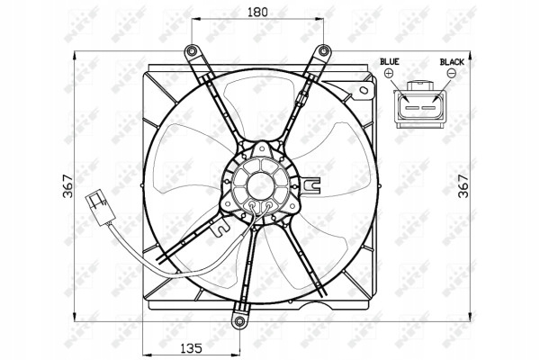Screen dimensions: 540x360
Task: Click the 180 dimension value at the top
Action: (257, 12)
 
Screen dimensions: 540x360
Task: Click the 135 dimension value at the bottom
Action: (192, 348)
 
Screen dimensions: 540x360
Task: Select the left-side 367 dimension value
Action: (68, 186)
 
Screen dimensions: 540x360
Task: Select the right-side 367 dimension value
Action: (463, 186)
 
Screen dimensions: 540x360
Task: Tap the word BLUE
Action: (390, 62)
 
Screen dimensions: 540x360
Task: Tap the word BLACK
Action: (452, 62)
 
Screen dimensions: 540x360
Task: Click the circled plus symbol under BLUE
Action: (389, 73)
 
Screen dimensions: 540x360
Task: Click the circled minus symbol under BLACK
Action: (452, 73)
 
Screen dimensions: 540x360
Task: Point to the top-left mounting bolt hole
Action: (191, 51)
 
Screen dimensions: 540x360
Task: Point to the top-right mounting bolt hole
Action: (323, 51)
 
